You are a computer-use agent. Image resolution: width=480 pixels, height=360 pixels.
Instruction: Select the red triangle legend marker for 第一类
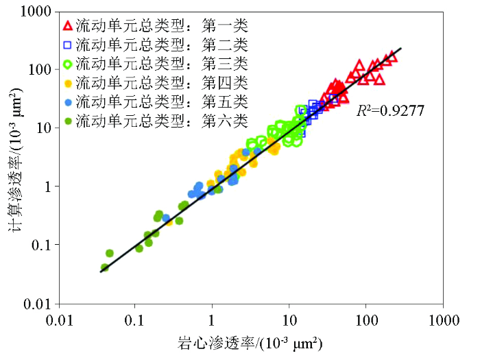[x=67, y=26]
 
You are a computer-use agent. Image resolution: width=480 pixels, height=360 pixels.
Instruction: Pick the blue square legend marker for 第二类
[x=67, y=45]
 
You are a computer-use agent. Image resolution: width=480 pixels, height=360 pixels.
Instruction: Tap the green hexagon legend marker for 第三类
[x=67, y=64]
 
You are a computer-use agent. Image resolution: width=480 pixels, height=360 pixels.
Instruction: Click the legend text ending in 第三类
[x=162, y=64]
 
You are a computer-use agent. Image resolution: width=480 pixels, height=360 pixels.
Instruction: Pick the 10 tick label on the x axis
[x=289, y=320]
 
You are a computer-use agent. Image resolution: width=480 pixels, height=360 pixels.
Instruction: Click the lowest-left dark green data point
[x=104, y=268]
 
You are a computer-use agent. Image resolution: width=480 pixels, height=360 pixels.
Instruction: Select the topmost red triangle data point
[x=392, y=56]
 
